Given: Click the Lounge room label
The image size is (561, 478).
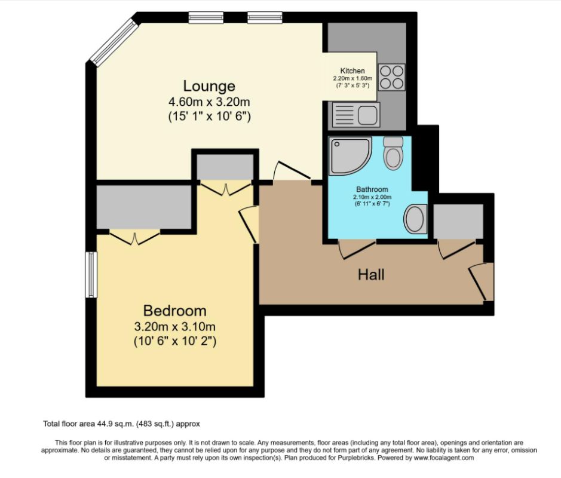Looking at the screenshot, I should click(209, 86).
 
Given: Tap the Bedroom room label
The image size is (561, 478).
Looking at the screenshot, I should click(174, 311).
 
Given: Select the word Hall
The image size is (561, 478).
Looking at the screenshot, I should click(371, 275).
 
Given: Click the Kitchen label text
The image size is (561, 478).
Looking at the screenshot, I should click(352, 71).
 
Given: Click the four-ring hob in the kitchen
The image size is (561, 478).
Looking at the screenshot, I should click(391, 76).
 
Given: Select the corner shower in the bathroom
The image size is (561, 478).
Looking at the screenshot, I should click(349, 155).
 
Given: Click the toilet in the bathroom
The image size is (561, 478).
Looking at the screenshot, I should click(393, 152).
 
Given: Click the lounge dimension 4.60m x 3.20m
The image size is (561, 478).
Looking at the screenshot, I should click(209, 102).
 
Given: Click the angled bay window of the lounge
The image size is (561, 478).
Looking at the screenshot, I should click(114, 41).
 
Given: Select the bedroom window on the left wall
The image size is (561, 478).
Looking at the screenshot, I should click(91, 274).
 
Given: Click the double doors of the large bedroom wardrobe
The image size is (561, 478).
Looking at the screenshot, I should click(134, 238).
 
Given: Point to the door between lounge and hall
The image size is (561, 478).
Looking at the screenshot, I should click(291, 173).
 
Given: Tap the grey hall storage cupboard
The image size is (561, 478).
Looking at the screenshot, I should click(458, 221).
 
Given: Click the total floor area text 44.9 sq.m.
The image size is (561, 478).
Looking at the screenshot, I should click(121, 424).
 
